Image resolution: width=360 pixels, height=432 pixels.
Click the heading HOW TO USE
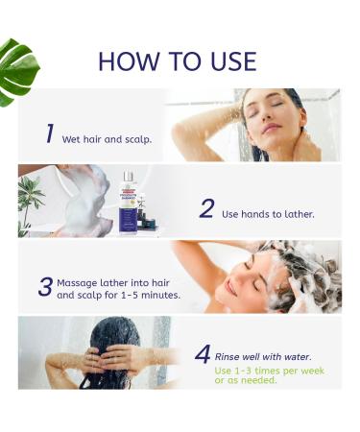(178, 61)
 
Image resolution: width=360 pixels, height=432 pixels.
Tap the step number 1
(49, 133)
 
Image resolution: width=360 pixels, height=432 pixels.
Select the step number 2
(205, 209)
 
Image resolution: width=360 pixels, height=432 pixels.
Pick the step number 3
(45, 287)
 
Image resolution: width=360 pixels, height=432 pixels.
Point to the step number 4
(202, 354)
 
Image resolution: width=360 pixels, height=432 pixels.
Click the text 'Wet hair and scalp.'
(107, 139)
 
